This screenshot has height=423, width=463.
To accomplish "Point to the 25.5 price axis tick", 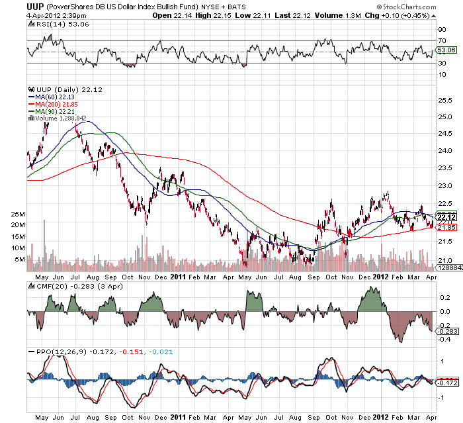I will (x=445, y=100).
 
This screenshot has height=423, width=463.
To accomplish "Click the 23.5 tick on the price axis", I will (x=445, y=169).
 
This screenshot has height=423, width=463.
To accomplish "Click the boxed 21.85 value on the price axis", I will (x=445, y=227).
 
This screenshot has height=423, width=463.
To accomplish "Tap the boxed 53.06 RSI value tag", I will (x=446, y=50).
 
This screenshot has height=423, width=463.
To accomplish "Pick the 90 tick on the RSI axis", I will (x=442, y=29).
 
